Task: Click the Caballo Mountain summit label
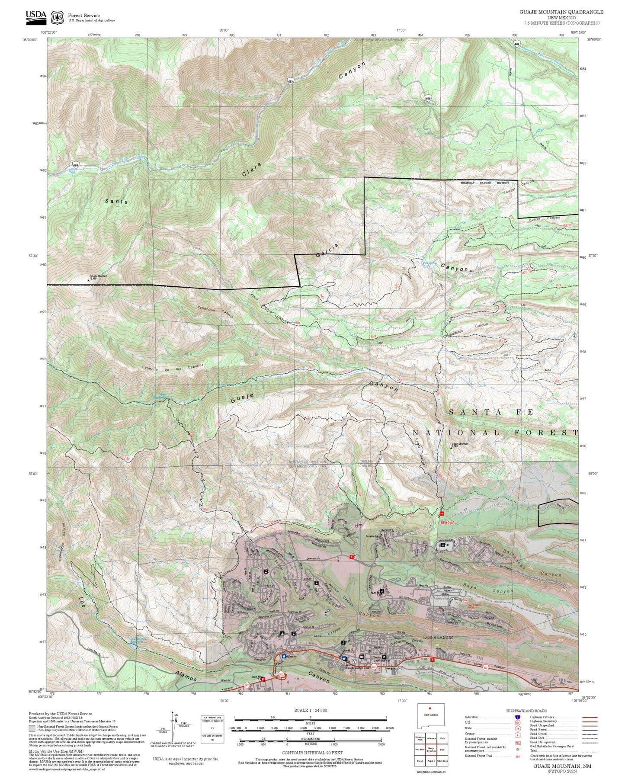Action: [98, 277]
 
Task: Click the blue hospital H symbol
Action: [284, 656]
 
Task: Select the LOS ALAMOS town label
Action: [438, 638]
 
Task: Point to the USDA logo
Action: [36, 16]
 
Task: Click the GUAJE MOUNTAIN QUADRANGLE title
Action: [561, 12]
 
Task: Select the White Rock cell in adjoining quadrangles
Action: [442, 760]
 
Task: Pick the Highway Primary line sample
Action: [589, 717]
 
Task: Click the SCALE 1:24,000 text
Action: [310, 710]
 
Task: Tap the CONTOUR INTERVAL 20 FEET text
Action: [310, 753]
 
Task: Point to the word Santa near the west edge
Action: [116, 201]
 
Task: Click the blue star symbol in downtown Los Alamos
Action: [344, 658]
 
